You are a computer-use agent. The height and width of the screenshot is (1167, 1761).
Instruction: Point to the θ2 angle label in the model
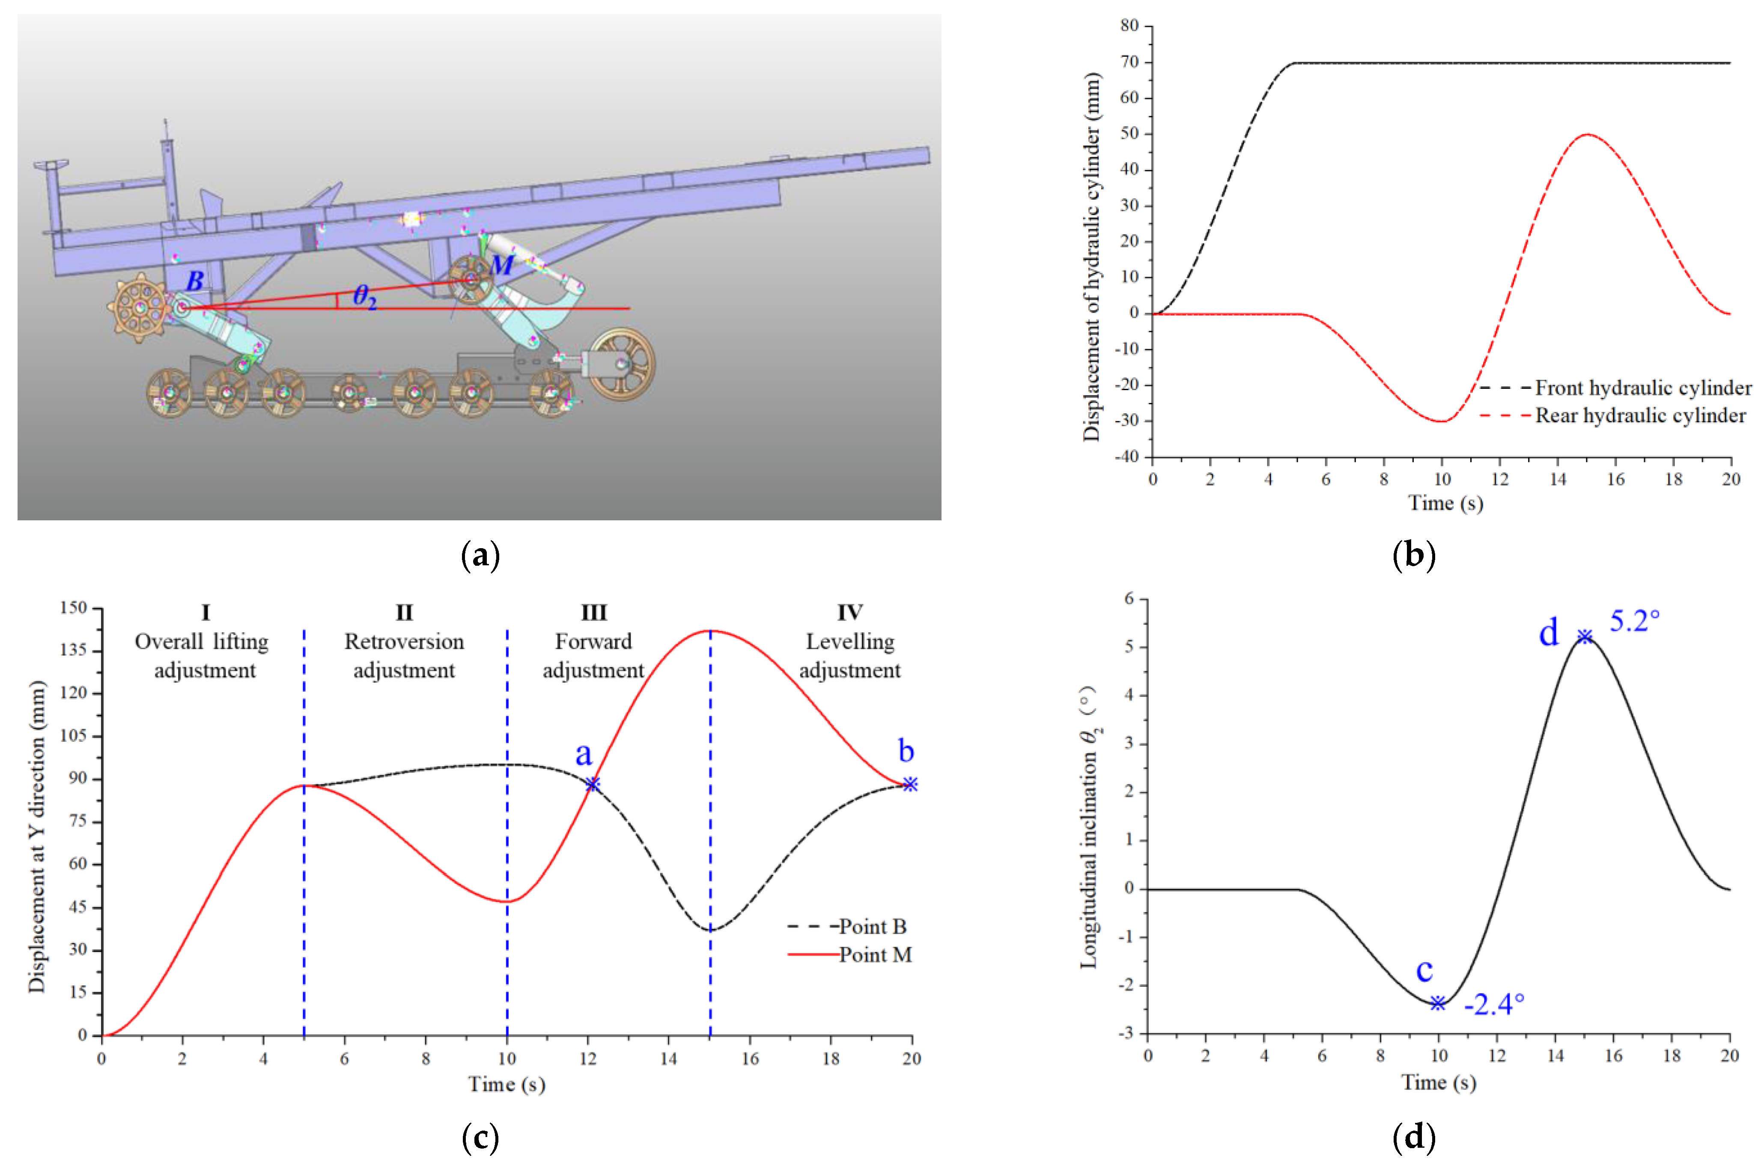coord(364,296)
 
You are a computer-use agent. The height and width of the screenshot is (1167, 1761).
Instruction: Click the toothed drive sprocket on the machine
coord(140,308)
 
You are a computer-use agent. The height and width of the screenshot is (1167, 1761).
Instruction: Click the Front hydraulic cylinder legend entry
coord(1643,388)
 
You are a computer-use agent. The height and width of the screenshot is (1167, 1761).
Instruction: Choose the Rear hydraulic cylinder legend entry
coord(1640,415)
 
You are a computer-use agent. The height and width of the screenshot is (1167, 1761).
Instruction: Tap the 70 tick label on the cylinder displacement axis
coord(1129,63)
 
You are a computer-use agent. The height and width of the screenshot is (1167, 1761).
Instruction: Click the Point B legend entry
coord(872,927)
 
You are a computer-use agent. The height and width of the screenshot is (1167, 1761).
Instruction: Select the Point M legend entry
coord(875,955)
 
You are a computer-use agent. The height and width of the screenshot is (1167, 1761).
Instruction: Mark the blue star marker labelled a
coord(592,784)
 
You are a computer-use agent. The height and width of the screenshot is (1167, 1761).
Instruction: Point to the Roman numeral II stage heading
coord(404,612)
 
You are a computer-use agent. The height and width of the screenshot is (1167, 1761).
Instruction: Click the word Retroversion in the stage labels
coord(404,642)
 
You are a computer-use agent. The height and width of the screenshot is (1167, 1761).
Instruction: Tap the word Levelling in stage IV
coord(849,642)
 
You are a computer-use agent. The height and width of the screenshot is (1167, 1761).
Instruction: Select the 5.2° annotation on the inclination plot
coord(1635,621)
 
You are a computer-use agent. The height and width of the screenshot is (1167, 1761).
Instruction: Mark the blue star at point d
coord(1585,636)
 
